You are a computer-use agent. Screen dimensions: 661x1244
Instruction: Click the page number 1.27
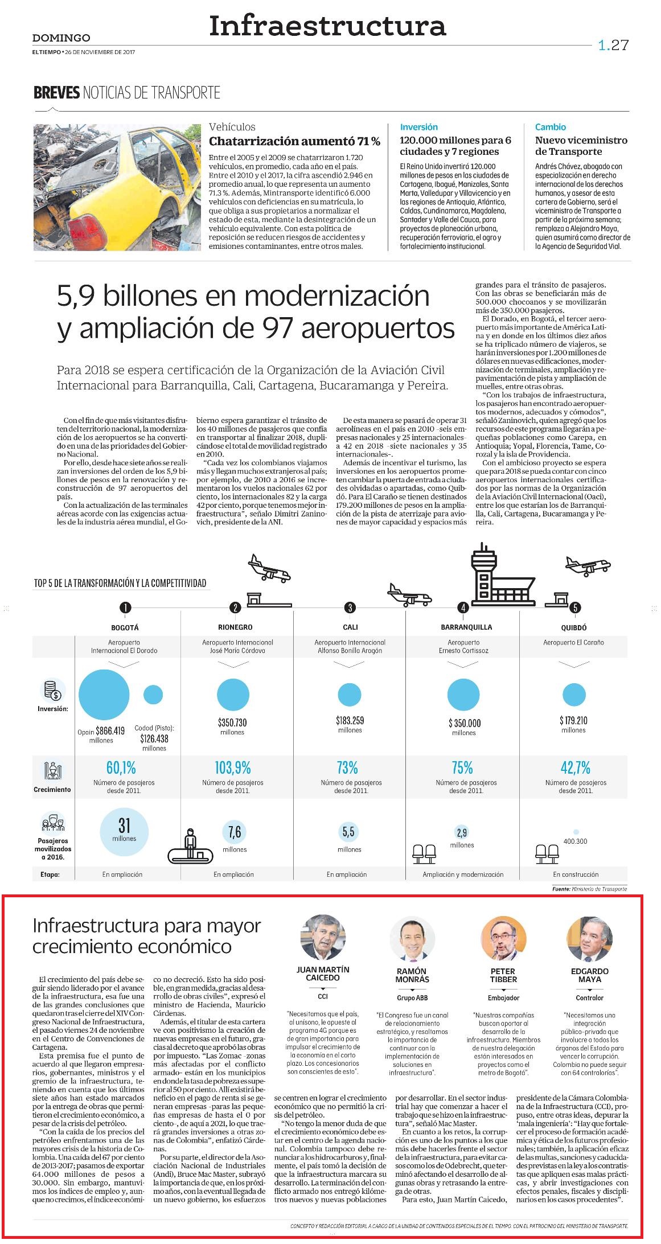coord(613,45)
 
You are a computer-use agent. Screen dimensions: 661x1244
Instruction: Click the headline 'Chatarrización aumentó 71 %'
coord(294,141)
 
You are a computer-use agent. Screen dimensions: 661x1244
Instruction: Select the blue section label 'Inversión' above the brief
coord(418,127)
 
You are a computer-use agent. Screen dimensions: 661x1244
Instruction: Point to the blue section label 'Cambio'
coord(550,127)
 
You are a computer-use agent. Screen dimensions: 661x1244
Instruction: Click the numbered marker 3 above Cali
coord(350,607)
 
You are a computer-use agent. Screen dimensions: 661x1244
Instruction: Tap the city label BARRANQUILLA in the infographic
coord(466,627)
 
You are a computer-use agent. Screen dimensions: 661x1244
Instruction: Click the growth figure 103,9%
coord(233,768)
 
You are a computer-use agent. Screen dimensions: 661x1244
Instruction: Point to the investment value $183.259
coord(350,720)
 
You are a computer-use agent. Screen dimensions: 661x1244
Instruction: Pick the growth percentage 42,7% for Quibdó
coord(576,768)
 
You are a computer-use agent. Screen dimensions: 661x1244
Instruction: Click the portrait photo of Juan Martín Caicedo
coord(323,937)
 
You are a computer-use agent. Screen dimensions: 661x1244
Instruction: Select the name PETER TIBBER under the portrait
coord(503,975)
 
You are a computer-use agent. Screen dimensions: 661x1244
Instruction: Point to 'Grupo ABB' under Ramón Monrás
coord(412,997)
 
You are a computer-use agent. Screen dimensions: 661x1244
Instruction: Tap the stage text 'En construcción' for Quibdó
coord(576,874)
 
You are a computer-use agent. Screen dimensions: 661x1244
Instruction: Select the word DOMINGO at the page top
coord(61,38)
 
